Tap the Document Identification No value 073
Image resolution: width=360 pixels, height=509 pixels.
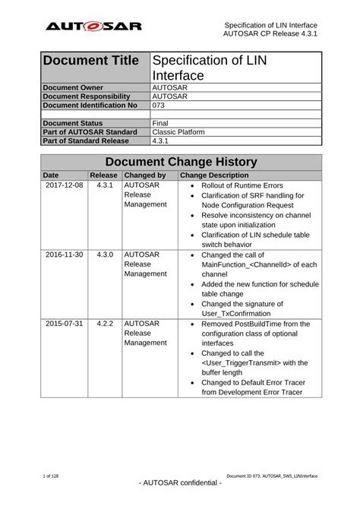point(159,105)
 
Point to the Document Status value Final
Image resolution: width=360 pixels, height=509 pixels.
point(160,122)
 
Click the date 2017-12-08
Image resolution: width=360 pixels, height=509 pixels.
point(65,185)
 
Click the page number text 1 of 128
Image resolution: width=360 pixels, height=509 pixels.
point(52,474)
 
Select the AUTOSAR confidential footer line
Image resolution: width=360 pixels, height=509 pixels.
point(180,483)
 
